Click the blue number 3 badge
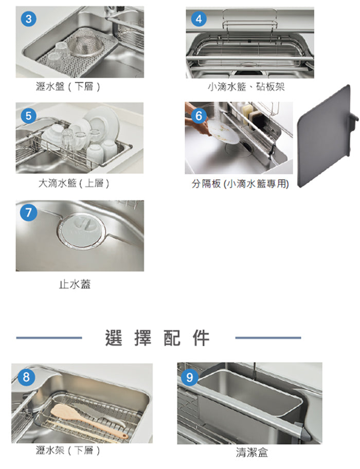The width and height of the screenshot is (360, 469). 29,19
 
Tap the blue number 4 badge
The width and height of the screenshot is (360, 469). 199,19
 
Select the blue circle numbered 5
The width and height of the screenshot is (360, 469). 29,116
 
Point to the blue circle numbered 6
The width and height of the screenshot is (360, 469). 199,116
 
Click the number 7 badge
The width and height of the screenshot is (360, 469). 29,213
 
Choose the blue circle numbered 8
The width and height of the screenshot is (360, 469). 26,377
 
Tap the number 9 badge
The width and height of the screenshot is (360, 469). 190,377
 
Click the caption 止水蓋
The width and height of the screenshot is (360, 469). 75,284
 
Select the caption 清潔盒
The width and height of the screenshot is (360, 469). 252,452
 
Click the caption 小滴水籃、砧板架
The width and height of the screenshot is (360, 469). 246,87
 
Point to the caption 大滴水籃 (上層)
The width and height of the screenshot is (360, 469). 74,183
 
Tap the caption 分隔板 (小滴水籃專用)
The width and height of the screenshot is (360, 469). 240,184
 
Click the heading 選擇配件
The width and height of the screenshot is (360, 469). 157,338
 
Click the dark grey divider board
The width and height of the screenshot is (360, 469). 325,136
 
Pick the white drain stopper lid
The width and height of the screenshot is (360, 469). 81,230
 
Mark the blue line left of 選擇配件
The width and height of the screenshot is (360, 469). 49,338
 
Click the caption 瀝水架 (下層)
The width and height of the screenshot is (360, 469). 68,450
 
